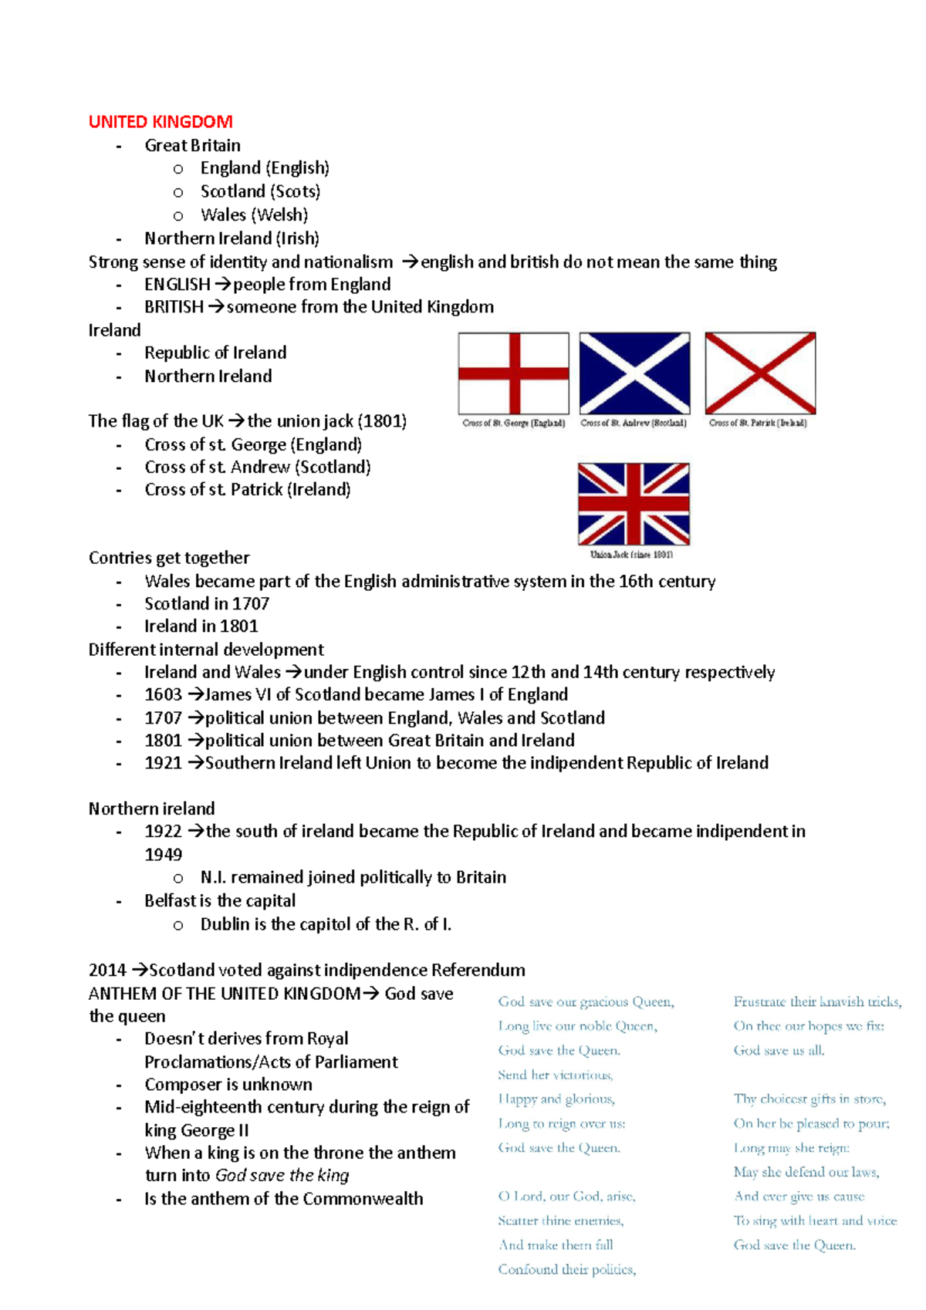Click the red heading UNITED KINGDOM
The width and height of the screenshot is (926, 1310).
[161, 122]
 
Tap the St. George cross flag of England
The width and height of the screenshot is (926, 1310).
[513, 373]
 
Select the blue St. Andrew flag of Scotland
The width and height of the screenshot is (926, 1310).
[634, 373]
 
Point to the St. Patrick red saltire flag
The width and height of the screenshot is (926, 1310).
[760, 373]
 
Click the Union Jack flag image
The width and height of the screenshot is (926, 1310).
[634, 505]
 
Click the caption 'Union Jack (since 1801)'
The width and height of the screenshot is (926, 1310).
[631, 555]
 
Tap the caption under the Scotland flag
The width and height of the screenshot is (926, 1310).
[634, 423]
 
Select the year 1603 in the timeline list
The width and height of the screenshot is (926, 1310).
[163, 694]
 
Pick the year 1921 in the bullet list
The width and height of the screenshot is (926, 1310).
[163, 763]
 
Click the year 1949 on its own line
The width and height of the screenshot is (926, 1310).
[163, 855]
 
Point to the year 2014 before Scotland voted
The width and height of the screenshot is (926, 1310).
[106, 971]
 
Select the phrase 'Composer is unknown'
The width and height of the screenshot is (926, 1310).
[228, 1085]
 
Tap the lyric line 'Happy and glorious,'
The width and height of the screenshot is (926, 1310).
[556, 1099]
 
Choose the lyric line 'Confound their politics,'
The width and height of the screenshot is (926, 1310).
[567, 1269]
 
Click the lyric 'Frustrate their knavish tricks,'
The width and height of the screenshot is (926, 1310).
[816, 1001]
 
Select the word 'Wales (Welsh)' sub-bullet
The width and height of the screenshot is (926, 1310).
[254, 215]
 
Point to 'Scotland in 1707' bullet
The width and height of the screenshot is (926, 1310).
[207, 604]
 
